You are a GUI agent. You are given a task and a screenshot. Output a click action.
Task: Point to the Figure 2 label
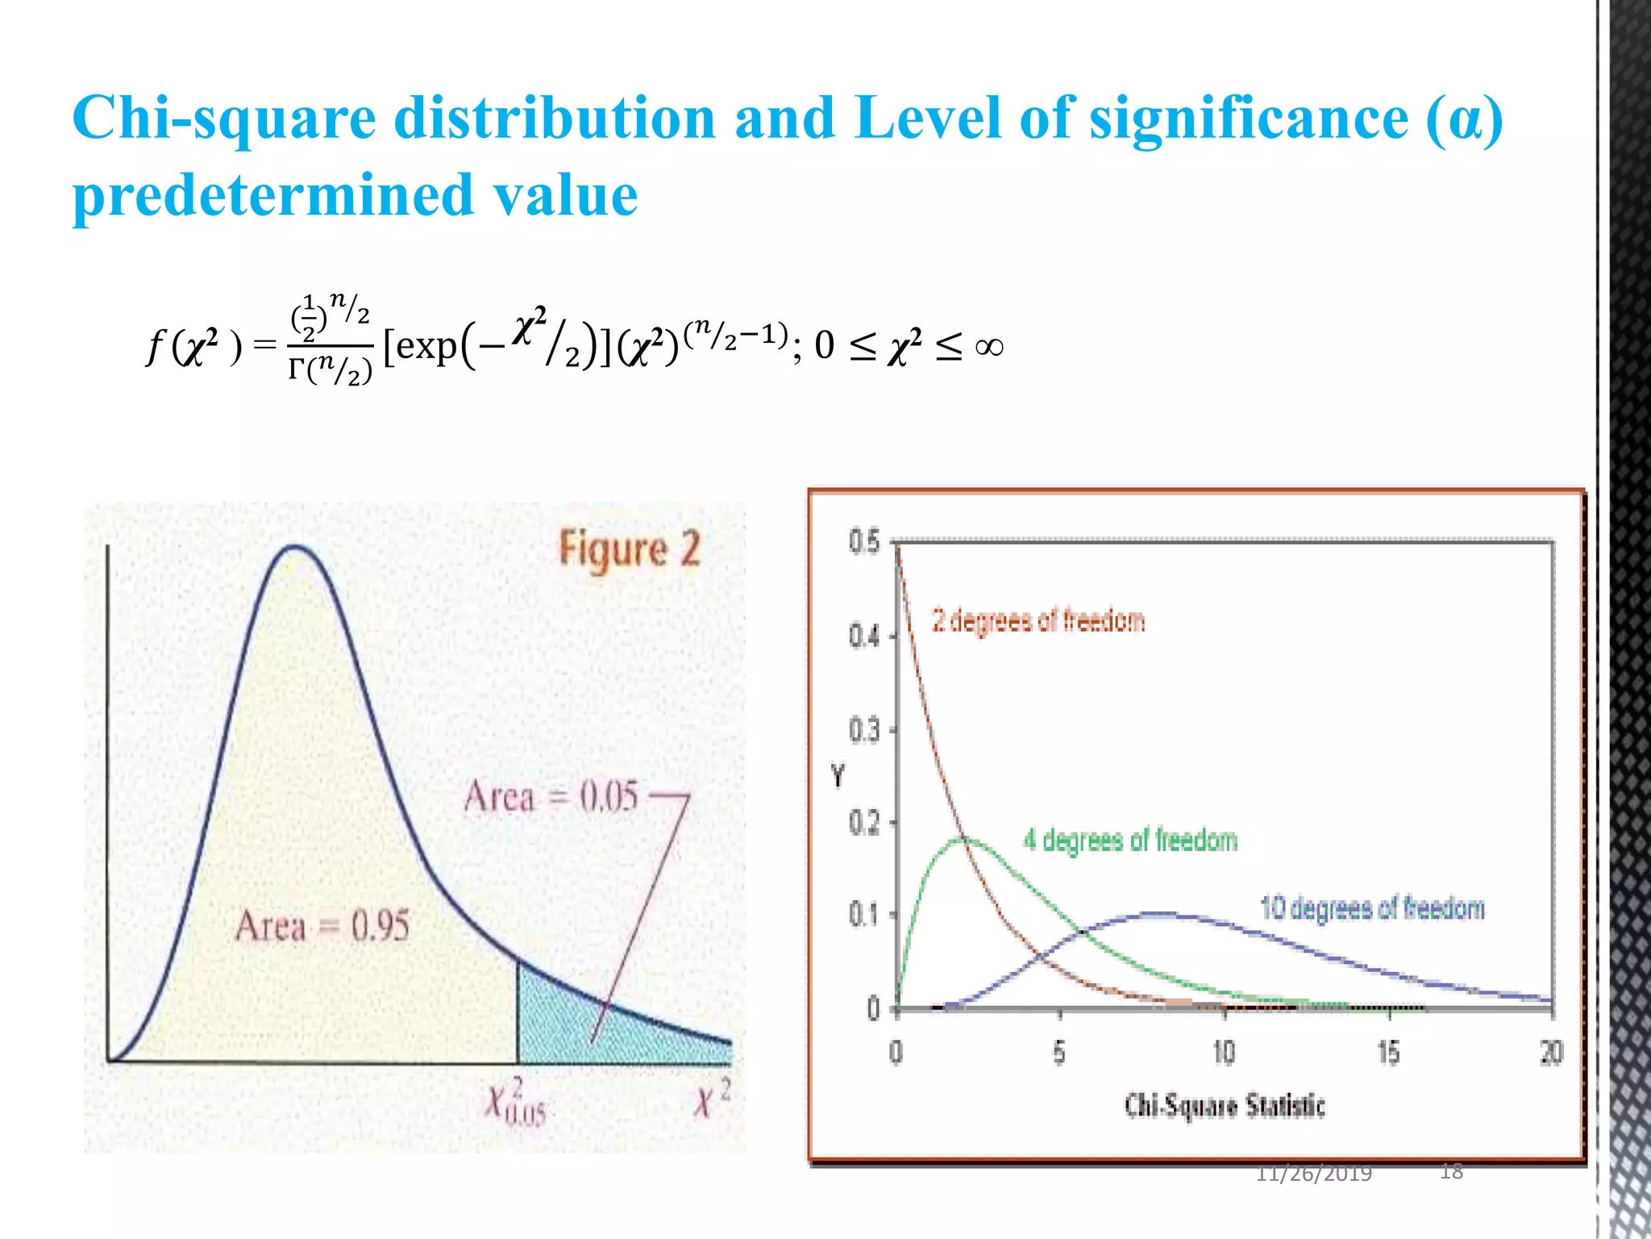pyautogui.click(x=630, y=550)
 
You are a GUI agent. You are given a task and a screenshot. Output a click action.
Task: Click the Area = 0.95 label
pyautogui.click(x=322, y=926)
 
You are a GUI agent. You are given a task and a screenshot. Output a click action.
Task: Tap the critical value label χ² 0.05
pyautogui.click(x=515, y=1101)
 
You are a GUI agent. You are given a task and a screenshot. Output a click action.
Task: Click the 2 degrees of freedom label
pyautogui.click(x=1038, y=621)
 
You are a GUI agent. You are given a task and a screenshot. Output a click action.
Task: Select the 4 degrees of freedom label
pyautogui.click(x=1130, y=841)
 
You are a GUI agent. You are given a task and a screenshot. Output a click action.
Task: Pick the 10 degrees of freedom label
pyautogui.click(x=1372, y=909)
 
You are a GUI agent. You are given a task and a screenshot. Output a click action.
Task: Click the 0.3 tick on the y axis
pyautogui.click(x=863, y=731)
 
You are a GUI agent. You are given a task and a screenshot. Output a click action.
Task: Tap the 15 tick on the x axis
pyautogui.click(x=1388, y=1053)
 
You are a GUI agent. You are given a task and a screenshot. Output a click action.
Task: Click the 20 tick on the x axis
pyautogui.click(x=1552, y=1053)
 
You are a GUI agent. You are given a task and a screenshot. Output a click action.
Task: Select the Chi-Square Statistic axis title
pyautogui.click(x=1225, y=1105)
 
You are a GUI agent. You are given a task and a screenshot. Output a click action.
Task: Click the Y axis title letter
pyautogui.click(x=838, y=776)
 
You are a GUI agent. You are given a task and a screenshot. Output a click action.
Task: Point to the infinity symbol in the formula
pyautogui.click(x=989, y=348)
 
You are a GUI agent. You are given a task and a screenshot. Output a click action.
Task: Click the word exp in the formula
pyautogui.click(x=426, y=347)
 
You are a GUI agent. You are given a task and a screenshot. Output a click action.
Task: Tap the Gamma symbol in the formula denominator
pyautogui.click(x=297, y=369)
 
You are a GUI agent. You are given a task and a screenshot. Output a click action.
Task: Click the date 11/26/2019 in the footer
pyautogui.click(x=1313, y=1174)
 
